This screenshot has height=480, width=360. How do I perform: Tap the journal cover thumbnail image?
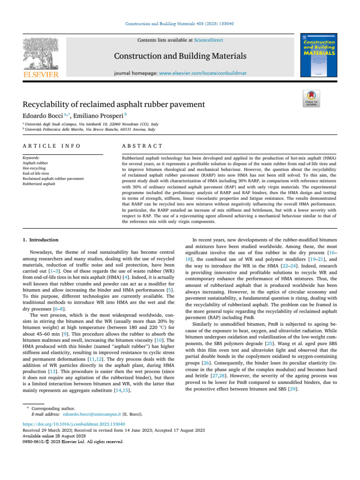point(319,55)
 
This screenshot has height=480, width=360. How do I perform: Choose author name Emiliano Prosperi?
point(99,114)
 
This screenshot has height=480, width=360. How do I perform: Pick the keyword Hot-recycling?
point(34,168)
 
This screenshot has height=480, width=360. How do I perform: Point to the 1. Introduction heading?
point(41,240)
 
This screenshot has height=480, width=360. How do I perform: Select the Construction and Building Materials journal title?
point(180,56)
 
